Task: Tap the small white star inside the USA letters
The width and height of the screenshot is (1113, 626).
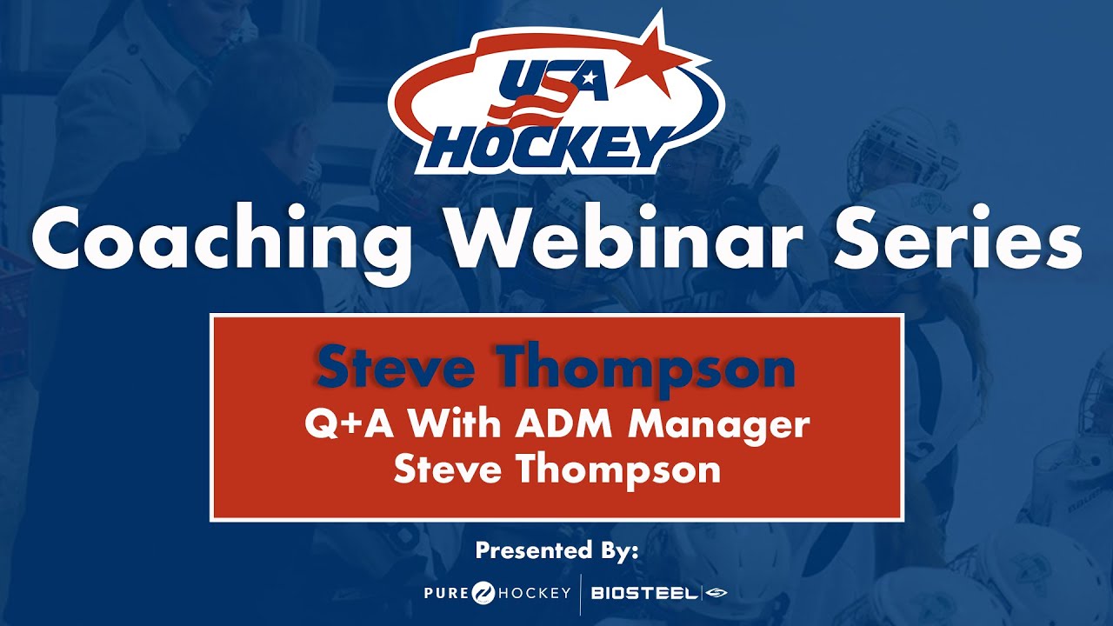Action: tap(590, 79)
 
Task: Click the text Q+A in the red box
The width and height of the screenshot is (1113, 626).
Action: tap(342, 426)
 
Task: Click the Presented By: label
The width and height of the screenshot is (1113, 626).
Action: tap(556, 550)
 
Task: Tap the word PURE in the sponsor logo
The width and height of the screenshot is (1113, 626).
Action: tap(446, 593)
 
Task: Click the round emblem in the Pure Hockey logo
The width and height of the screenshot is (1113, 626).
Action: tap(483, 593)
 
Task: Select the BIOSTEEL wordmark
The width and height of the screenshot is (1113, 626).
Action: tap(643, 593)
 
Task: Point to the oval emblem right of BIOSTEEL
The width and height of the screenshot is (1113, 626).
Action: tap(716, 593)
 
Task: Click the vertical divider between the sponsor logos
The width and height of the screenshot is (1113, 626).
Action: tap(580, 593)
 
